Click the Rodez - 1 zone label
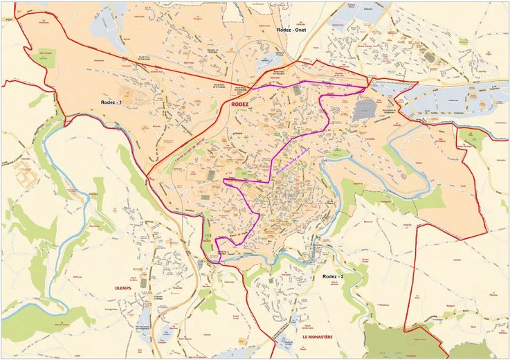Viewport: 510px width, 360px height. pos(111,102)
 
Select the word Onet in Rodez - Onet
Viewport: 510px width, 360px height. pos(300,30)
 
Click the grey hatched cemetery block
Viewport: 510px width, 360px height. pos(365,109)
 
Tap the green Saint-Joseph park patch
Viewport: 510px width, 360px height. pos(46,58)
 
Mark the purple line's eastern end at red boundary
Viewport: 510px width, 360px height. pos(365,88)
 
